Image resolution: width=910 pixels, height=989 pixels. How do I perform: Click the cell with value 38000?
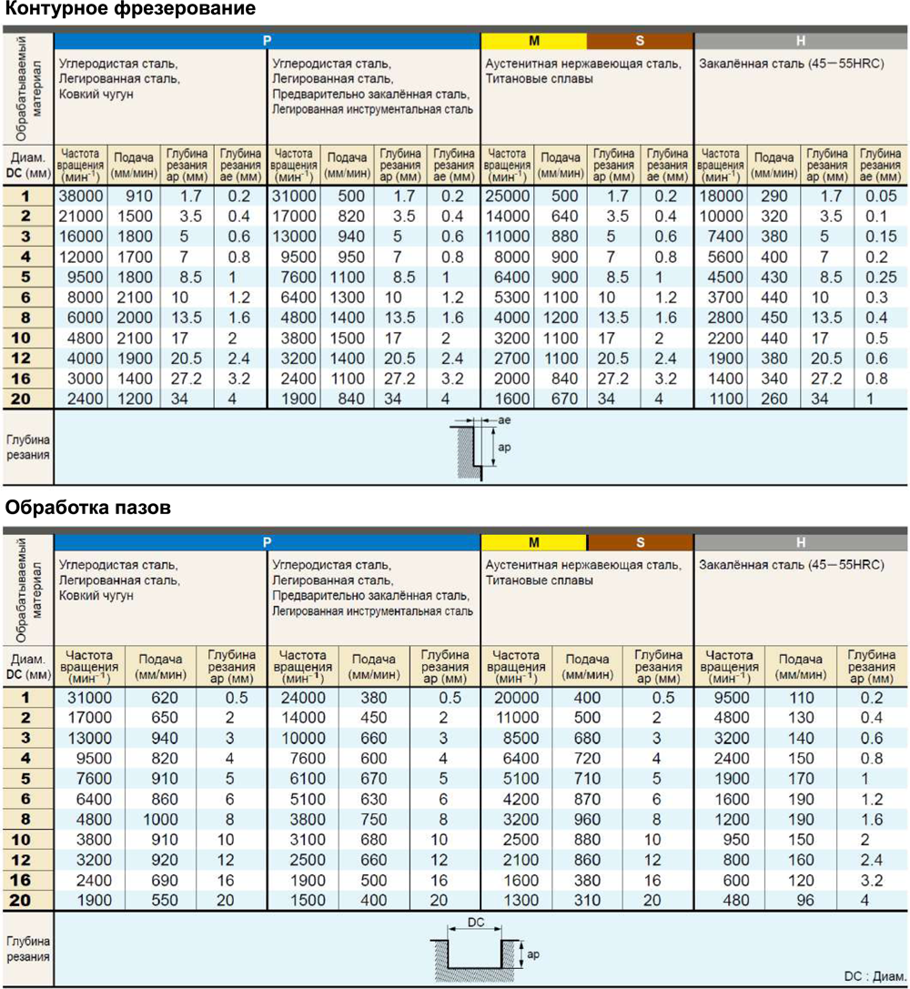(x=80, y=196)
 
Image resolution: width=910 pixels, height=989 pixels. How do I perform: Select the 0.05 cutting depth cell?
(x=880, y=196)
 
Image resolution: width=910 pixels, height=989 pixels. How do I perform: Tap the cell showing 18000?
(x=721, y=196)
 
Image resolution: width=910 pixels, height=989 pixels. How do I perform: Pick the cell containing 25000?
(x=507, y=196)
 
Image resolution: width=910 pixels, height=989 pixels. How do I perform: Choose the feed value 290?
(x=773, y=196)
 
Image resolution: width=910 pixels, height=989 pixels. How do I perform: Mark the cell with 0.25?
(x=880, y=277)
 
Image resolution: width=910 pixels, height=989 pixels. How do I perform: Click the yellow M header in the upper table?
(x=534, y=40)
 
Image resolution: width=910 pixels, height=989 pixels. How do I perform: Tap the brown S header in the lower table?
(x=641, y=542)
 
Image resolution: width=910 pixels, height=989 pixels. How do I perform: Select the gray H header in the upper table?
(x=801, y=40)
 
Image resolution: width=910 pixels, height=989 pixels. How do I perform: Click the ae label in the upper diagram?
(x=505, y=420)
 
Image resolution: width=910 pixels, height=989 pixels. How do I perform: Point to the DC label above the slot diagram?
(x=476, y=922)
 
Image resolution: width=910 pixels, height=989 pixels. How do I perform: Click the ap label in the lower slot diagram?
(x=534, y=954)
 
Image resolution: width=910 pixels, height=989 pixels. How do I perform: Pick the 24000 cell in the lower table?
(x=303, y=698)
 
